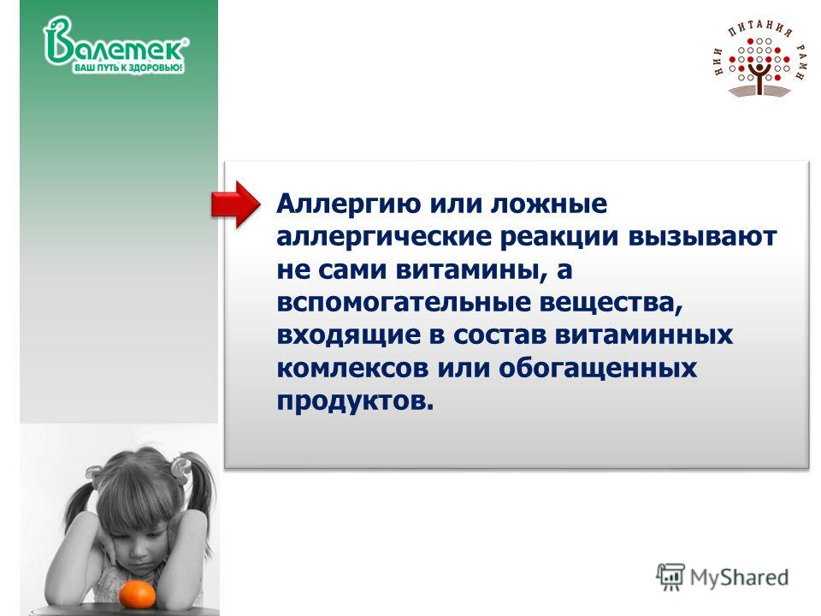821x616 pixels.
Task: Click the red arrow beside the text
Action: coord(235,204)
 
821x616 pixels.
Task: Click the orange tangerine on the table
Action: coord(137,595)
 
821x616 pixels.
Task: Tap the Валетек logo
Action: coord(115,44)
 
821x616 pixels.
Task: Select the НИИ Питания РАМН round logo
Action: coord(761,60)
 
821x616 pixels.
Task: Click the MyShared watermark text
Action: coord(739,577)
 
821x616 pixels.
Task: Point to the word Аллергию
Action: coord(349,204)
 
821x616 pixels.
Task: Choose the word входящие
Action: coord(348,335)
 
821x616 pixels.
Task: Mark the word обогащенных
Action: coord(598,368)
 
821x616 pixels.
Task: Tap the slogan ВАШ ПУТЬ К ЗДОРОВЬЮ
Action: coord(127,68)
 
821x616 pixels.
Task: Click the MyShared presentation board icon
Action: coord(670,577)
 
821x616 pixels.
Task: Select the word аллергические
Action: coord(384,237)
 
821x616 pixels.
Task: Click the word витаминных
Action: coord(643,335)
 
